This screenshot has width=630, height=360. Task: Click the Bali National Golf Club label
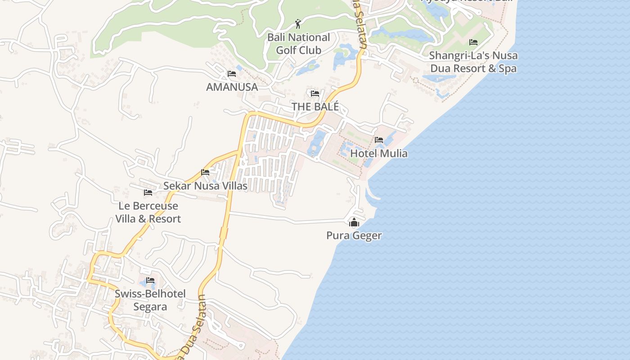299,44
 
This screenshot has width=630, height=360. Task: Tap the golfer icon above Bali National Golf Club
298,23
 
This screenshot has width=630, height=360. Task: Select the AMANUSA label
232,87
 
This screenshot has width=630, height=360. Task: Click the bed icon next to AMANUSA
232,73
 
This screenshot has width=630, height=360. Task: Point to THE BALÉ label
315,107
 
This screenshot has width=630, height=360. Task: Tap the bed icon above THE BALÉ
315,94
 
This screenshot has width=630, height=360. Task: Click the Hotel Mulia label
378,153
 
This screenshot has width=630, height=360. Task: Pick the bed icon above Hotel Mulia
379,140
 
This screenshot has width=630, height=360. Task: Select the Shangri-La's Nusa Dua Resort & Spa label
473,62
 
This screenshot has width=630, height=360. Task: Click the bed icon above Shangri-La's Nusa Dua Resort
473,42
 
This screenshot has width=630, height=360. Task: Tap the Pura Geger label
354,235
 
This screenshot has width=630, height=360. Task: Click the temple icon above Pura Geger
354,222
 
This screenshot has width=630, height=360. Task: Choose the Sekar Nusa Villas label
205,186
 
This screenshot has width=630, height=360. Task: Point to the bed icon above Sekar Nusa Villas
205,172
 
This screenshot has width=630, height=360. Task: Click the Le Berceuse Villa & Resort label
148,212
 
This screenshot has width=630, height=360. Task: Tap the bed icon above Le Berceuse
148,193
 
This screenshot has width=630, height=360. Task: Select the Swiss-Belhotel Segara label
150,300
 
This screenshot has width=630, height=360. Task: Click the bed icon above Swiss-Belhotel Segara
150,280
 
